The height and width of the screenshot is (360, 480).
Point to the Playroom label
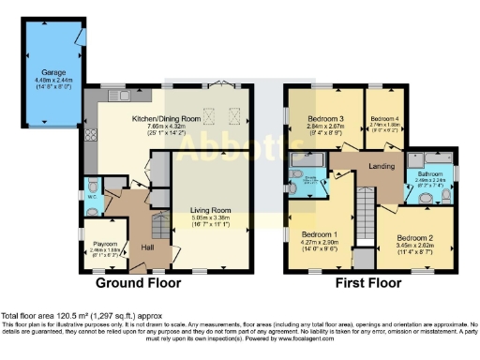104,243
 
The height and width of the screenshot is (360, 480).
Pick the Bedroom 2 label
413,238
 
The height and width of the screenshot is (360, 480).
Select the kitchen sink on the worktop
117,96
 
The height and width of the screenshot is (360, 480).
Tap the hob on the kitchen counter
91,137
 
